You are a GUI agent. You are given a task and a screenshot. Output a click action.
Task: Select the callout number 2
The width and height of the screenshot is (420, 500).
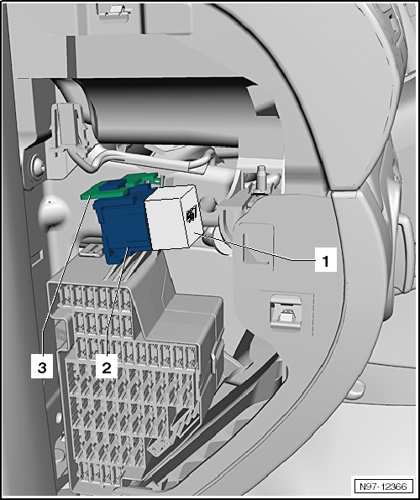tap(107, 367)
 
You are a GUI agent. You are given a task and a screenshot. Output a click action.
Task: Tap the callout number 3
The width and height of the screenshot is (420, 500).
tap(42, 367)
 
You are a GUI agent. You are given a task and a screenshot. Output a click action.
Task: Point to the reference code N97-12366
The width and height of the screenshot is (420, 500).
tap(383, 487)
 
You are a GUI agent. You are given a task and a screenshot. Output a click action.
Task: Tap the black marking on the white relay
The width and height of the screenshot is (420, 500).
tap(189, 220)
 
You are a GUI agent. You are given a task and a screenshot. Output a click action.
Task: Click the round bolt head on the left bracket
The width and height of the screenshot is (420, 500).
tap(38, 165)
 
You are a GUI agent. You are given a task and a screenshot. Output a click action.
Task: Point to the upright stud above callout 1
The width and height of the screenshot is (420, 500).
tap(261, 180)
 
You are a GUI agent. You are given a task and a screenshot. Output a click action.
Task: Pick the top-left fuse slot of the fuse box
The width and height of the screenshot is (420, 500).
tap(66, 296)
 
